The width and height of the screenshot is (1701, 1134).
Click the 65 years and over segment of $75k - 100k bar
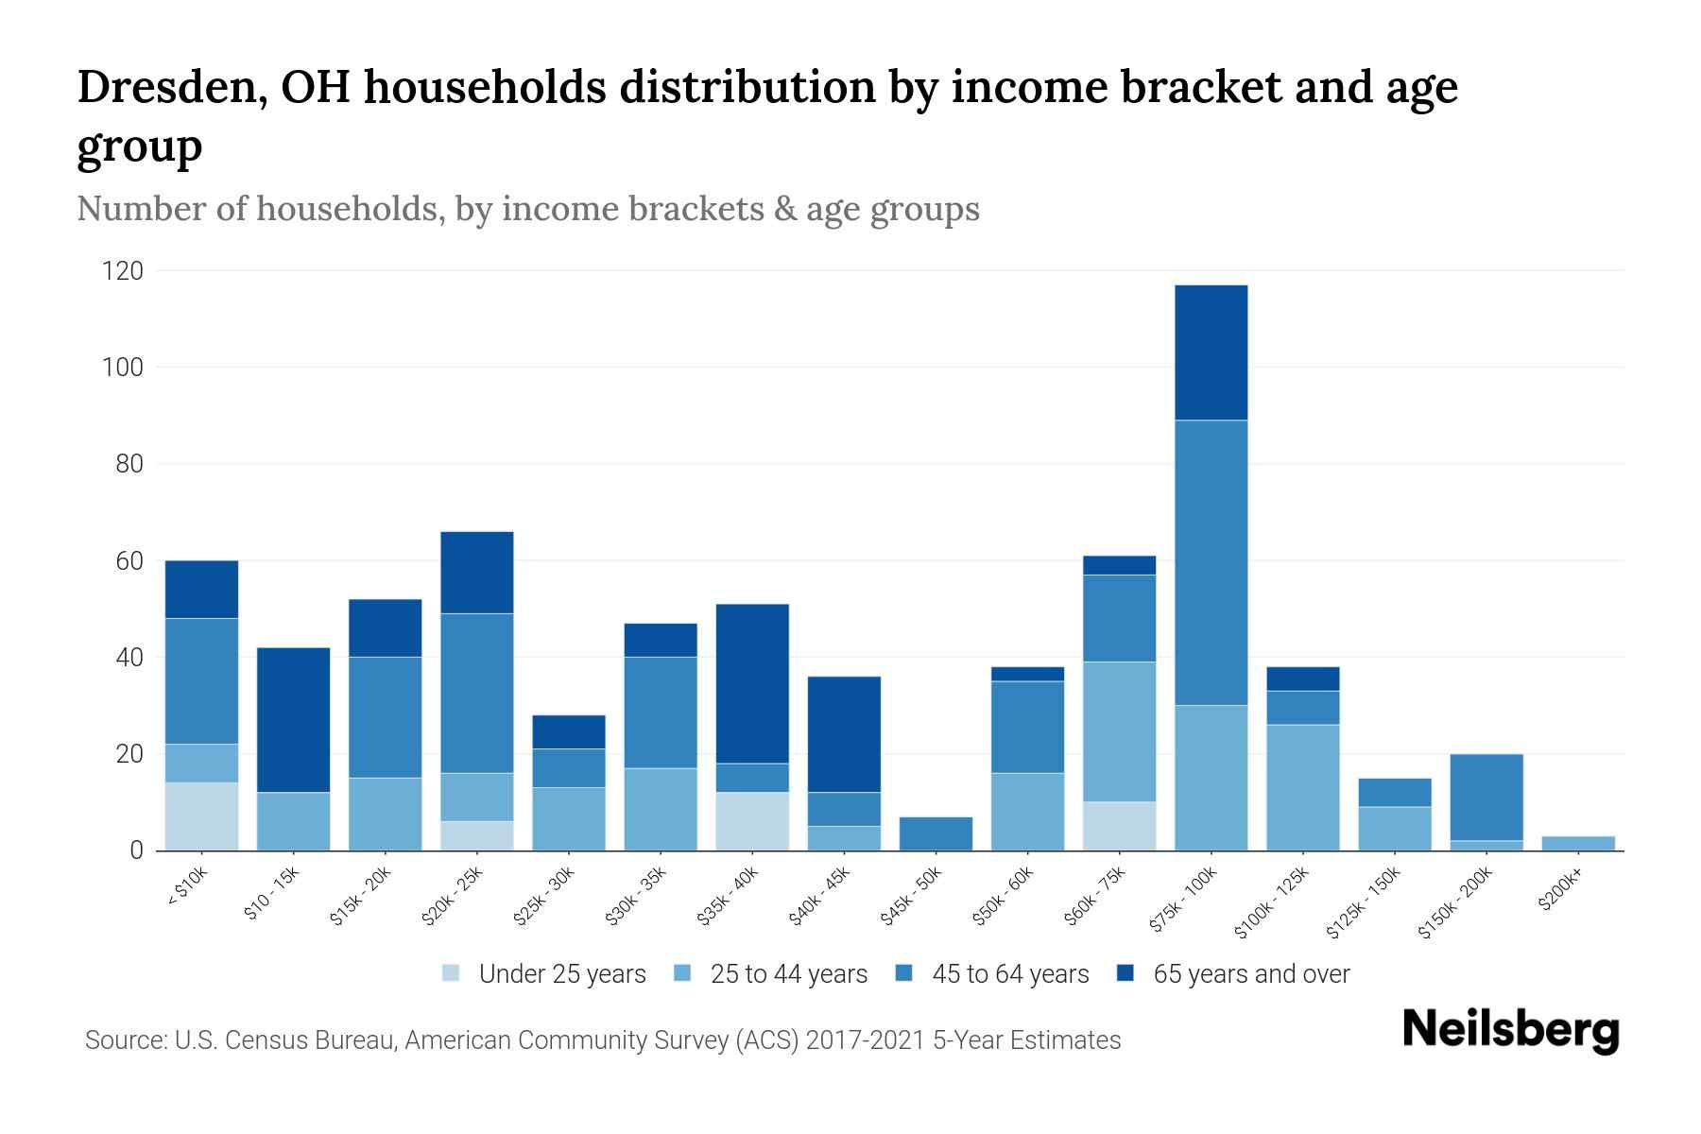1211,352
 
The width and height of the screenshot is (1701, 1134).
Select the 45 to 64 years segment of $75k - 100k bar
1211,562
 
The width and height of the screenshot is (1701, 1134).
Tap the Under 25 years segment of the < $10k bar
201,816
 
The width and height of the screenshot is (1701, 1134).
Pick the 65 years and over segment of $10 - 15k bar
293,720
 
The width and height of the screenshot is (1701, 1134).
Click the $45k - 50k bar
936,833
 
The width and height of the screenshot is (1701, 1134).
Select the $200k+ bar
1577,843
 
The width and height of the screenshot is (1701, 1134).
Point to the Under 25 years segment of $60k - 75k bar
1119,826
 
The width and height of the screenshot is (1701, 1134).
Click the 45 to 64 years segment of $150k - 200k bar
1486,798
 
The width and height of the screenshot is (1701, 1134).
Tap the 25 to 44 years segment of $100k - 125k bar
1302,787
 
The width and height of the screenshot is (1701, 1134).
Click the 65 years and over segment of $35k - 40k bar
752,683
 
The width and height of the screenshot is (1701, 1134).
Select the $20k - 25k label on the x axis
453,897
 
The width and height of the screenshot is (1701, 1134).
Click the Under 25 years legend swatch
452,973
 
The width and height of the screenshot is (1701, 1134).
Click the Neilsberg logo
1510,1029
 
